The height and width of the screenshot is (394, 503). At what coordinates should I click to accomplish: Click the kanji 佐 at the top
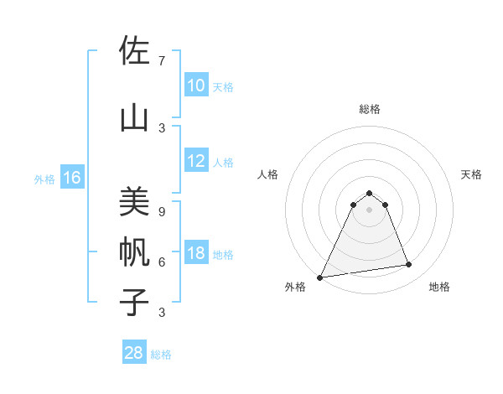(x=134, y=52)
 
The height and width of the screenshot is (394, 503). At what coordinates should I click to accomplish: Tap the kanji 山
(x=134, y=118)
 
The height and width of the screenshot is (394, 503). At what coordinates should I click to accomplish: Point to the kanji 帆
(x=134, y=251)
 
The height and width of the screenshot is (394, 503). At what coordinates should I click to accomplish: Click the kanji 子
(x=134, y=302)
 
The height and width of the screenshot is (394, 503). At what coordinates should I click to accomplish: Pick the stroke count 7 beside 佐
(x=162, y=60)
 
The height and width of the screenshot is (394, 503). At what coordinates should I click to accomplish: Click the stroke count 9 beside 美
(x=162, y=211)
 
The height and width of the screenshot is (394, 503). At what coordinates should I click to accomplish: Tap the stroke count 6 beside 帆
(x=162, y=262)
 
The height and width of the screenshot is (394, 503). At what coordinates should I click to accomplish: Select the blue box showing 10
(x=196, y=86)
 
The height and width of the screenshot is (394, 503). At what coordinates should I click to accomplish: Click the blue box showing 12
(x=196, y=162)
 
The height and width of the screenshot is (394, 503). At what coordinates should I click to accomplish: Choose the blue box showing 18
(x=196, y=254)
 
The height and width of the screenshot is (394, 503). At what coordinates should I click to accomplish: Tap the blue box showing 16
(x=72, y=178)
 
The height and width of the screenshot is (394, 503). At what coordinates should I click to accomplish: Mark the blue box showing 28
(x=134, y=353)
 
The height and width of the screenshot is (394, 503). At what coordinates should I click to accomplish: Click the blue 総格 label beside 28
(x=161, y=355)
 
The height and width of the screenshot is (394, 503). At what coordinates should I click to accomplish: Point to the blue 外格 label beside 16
(x=44, y=179)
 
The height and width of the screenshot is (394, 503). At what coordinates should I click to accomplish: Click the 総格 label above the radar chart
(x=370, y=109)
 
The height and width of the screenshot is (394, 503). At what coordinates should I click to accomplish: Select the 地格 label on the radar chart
(x=439, y=287)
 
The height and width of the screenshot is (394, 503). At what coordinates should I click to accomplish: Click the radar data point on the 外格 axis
(x=319, y=277)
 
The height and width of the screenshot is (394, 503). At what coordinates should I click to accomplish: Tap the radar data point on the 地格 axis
(x=409, y=265)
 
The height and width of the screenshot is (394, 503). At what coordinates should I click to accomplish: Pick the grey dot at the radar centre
(x=370, y=209)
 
